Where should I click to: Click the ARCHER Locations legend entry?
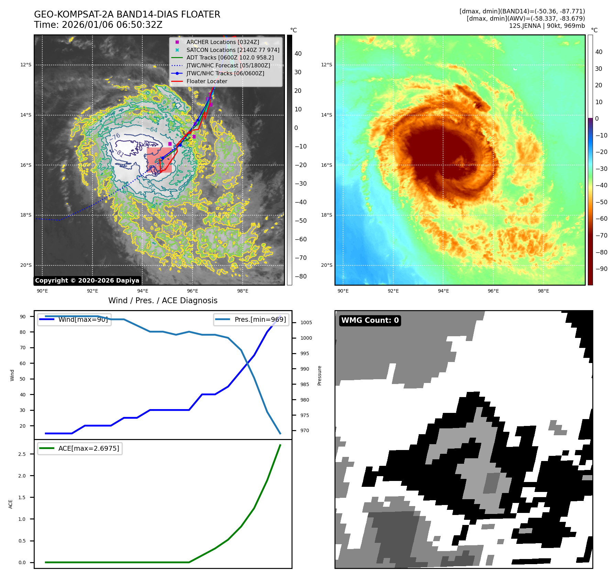click(x=223, y=42)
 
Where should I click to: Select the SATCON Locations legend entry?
click(x=233, y=50)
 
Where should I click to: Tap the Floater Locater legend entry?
click(x=207, y=81)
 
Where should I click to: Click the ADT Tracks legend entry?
click(x=230, y=58)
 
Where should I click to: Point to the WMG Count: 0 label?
click(x=370, y=320)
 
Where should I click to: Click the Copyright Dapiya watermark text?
click(x=87, y=281)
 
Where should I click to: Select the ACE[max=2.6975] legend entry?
click(x=89, y=448)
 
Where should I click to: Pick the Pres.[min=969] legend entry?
click(x=260, y=319)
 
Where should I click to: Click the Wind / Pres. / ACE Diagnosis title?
click(x=163, y=300)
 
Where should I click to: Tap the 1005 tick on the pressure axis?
click(x=306, y=322)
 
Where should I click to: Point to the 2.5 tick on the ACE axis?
click(x=22, y=454)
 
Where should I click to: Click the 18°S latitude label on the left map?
click(x=26, y=215)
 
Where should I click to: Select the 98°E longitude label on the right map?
click(x=543, y=291)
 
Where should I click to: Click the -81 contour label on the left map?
click(x=120, y=153)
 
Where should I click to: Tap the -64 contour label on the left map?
click(x=152, y=130)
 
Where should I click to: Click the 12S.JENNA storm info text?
click(x=547, y=26)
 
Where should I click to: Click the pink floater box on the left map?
click(x=159, y=160)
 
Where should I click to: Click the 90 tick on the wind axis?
click(x=23, y=317)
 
